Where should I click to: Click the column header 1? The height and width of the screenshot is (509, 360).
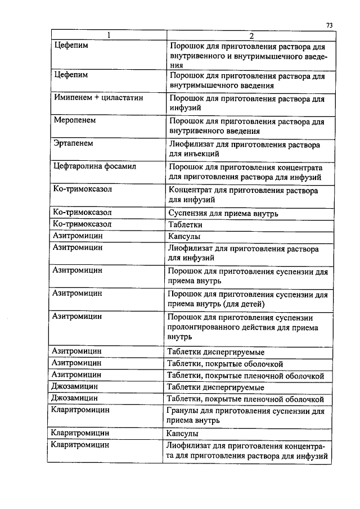[108, 36]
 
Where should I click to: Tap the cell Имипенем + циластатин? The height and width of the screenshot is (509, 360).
[98, 97]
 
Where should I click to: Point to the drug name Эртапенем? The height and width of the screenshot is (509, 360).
[73, 143]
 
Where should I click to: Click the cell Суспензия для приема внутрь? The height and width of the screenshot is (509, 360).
[223, 213]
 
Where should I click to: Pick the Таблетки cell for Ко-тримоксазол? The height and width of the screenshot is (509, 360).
[186, 224]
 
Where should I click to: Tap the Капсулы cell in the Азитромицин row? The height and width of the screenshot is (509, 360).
[184, 236]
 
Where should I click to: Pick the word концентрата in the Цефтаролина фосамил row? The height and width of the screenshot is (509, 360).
[299, 167]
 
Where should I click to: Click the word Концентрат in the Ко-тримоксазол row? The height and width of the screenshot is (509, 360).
[189, 190]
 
